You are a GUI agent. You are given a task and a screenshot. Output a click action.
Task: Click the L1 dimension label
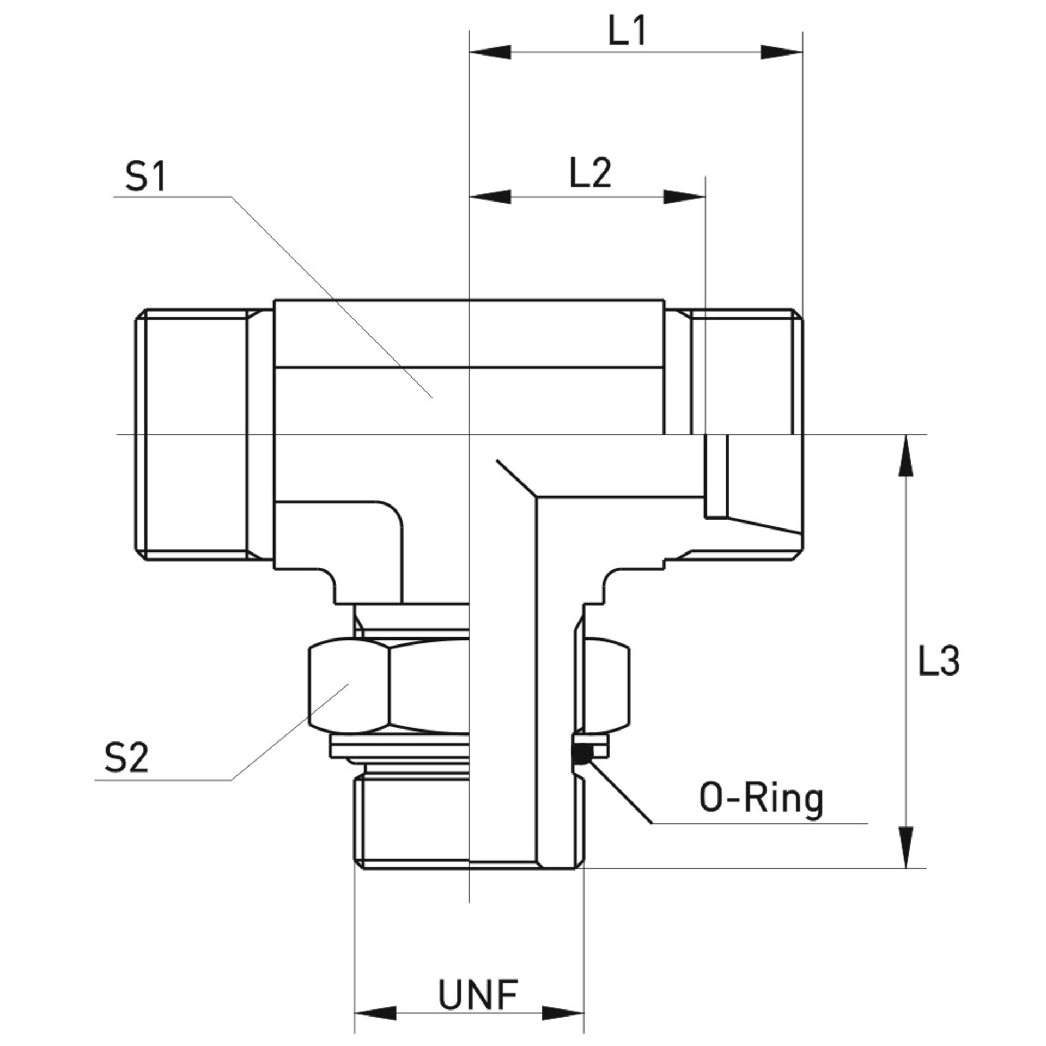627,33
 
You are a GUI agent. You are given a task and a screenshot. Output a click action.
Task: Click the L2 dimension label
591,174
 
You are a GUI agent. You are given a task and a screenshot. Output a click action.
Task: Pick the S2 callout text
126,759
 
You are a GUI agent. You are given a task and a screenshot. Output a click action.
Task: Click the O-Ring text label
761,800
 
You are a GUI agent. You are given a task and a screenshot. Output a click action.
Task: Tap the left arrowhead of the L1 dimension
490,52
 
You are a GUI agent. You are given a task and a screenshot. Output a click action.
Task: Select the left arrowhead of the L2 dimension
490,197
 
